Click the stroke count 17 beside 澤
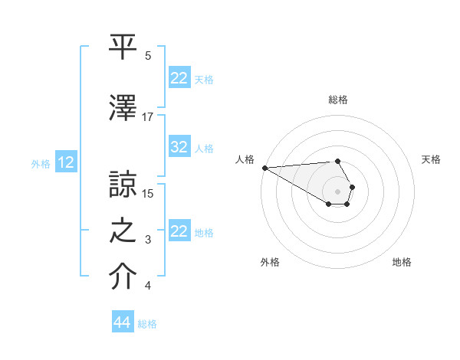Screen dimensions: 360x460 pos(148,117)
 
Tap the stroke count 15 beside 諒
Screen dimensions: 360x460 pos(148,193)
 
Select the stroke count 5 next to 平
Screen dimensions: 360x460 pos(148,56)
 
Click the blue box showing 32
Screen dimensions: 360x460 pos(179,148)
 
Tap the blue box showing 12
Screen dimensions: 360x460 pos(66,162)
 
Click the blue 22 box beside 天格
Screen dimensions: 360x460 pos(179,78)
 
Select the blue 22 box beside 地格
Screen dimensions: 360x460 pos(179,231)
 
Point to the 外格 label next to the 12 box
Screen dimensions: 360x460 pos(41,163)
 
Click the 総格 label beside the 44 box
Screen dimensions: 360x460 pos(147,324)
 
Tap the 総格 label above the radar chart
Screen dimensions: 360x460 pos(338,100)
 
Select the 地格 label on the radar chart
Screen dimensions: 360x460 pos(402,262)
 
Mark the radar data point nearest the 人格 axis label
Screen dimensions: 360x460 pos(264,168)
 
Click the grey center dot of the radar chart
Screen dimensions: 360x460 pos(338,191)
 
